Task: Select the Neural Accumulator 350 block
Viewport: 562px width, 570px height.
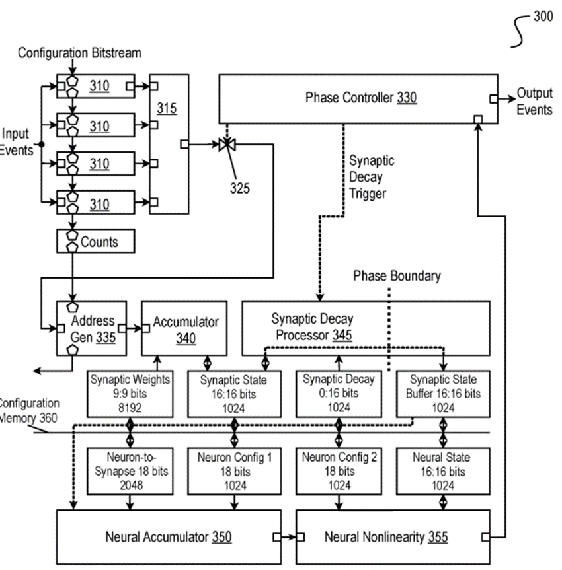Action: (168, 537)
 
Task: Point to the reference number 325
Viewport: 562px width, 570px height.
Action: (239, 188)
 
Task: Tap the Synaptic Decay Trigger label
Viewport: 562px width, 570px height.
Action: (372, 177)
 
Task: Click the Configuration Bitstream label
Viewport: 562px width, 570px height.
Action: (79, 53)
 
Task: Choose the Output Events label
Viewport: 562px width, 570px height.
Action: (534, 102)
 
